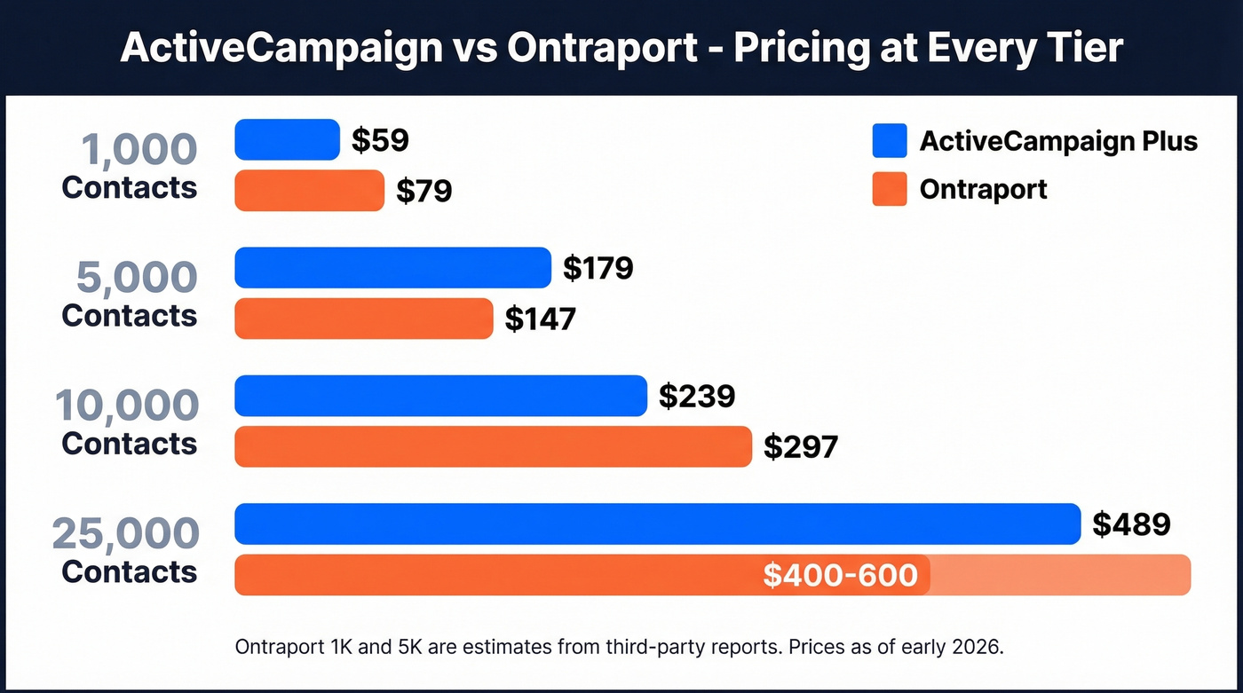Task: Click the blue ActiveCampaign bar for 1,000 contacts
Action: click(287, 139)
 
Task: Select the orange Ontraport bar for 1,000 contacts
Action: click(309, 190)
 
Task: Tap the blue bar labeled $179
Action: click(392, 267)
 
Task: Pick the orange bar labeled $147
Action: click(363, 319)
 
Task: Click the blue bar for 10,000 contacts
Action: click(440, 396)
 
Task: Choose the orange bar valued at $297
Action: click(493, 446)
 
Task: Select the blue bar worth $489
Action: click(657, 524)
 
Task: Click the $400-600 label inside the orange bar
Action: click(840, 575)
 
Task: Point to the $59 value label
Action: click(380, 140)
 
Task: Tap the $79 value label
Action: click(424, 191)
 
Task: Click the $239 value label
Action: click(696, 396)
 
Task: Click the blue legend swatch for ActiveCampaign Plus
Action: click(889, 140)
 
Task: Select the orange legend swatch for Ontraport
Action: click(889, 189)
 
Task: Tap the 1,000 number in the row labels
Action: click(139, 149)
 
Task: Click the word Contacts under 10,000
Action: click(130, 444)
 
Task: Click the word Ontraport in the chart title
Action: click(602, 48)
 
